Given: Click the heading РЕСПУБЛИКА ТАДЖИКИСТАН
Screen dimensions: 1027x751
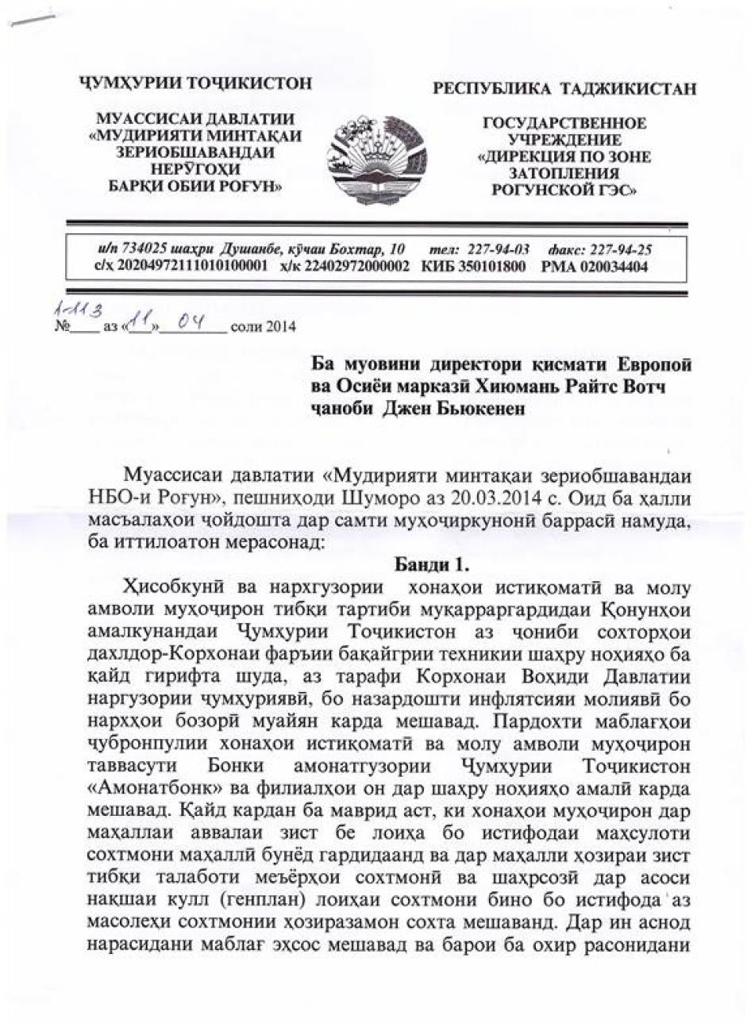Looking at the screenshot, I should pyautogui.click(x=564, y=89).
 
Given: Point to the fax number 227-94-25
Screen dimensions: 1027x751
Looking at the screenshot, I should pyautogui.click(x=622, y=250).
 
